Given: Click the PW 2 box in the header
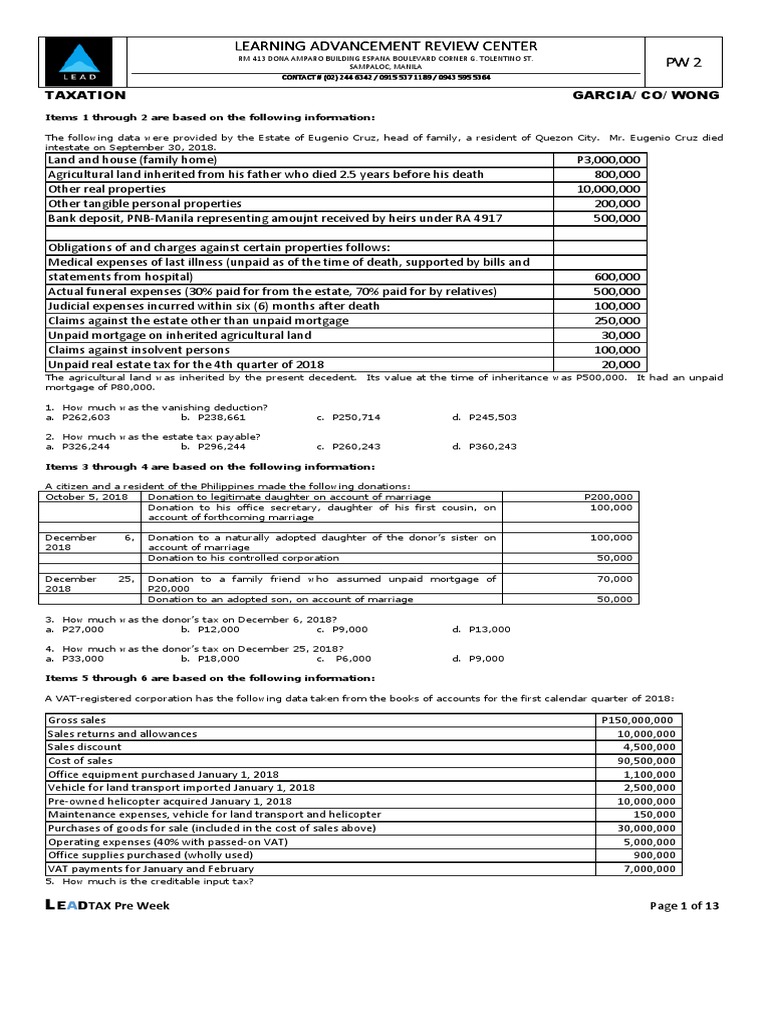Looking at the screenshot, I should (684, 62).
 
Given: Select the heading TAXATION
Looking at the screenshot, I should (86, 95).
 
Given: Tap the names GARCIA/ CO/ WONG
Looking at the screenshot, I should (645, 95).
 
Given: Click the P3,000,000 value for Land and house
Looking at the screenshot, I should (611, 160).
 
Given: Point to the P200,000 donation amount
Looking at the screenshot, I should (608, 497).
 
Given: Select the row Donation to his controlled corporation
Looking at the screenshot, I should (243, 557).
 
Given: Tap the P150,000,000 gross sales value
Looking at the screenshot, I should (638, 720).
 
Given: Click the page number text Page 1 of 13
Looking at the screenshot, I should (685, 905).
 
